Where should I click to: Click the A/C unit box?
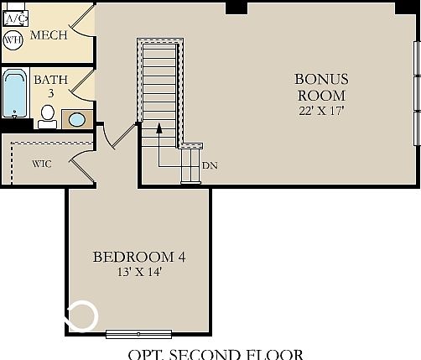click(x=14, y=17)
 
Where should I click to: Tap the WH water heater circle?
click(x=13, y=39)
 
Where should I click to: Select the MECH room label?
click(x=49, y=37)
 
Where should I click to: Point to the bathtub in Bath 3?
click(x=14, y=95)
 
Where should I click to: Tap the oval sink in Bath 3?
click(x=76, y=119)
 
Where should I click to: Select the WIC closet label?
click(x=42, y=164)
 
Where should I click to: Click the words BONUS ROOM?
click(x=321, y=87)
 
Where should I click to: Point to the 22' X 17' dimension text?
click(x=321, y=110)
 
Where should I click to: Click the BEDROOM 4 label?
click(x=138, y=257)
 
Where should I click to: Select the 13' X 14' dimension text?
click(x=138, y=272)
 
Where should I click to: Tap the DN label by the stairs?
click(x=210, y=165)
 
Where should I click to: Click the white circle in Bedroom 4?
click(x=83, y=316)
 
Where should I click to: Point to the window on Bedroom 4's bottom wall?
click(x=138, y=334)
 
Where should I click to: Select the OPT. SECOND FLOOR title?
click(x=215, y=354)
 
